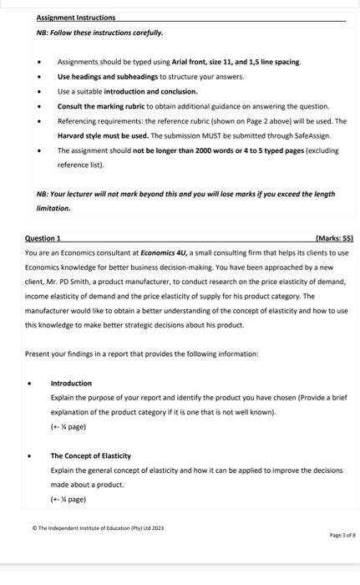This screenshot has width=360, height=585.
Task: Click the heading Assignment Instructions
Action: (x=76, y=18)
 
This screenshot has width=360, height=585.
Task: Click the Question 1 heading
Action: (x=48, y=238)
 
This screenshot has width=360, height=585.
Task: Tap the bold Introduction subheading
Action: (x=71, y=384)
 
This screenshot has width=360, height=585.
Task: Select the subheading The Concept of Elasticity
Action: (x=90, y=455)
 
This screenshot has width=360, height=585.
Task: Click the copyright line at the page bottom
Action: (x=99, y=527)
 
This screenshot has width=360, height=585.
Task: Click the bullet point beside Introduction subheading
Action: (x=31, y=384)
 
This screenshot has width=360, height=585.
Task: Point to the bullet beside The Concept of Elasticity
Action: (x=31, y=456)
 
